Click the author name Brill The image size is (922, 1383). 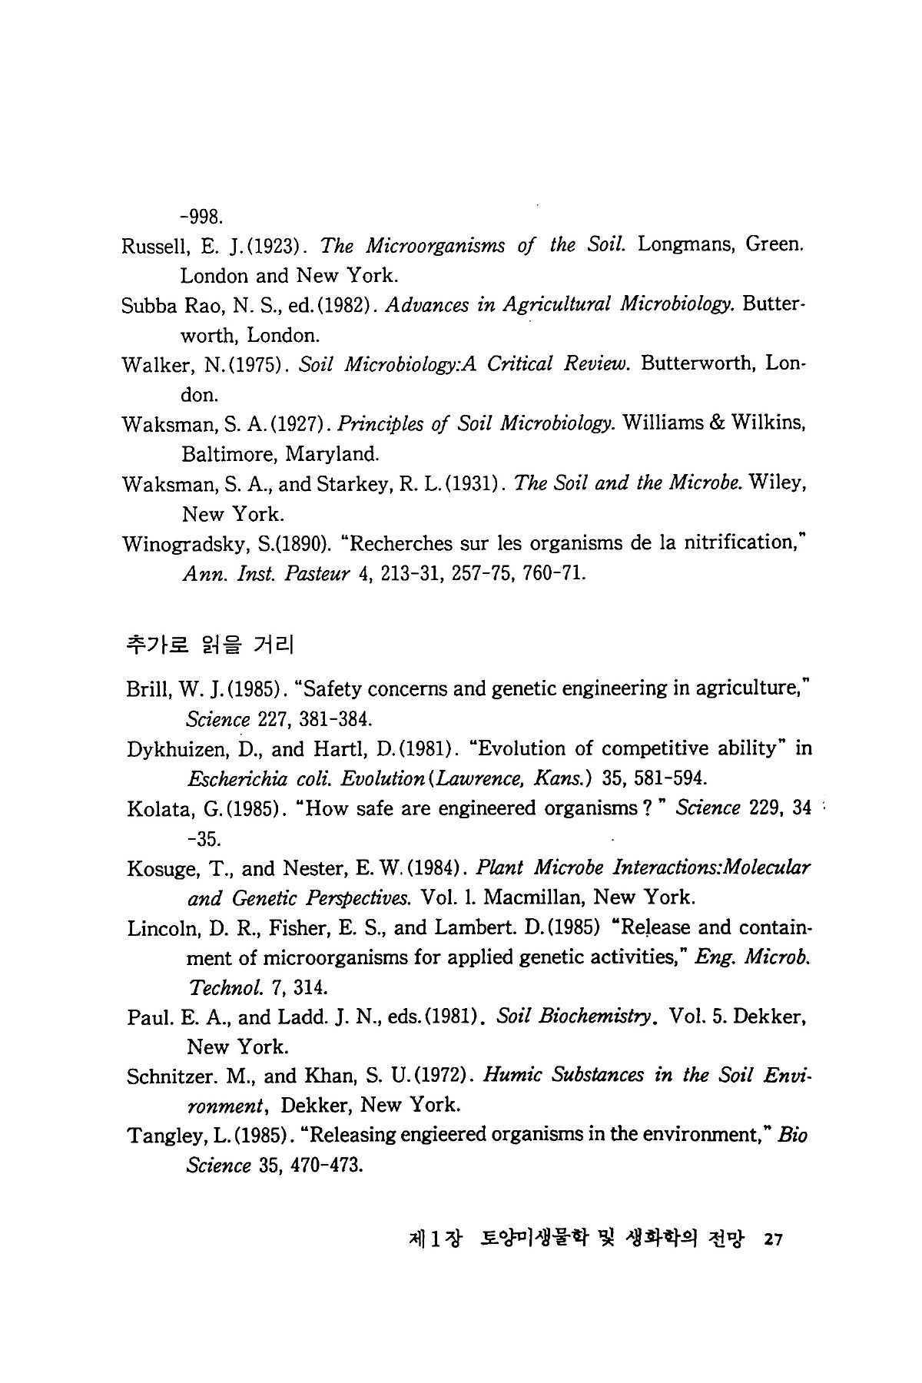(148, 689)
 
